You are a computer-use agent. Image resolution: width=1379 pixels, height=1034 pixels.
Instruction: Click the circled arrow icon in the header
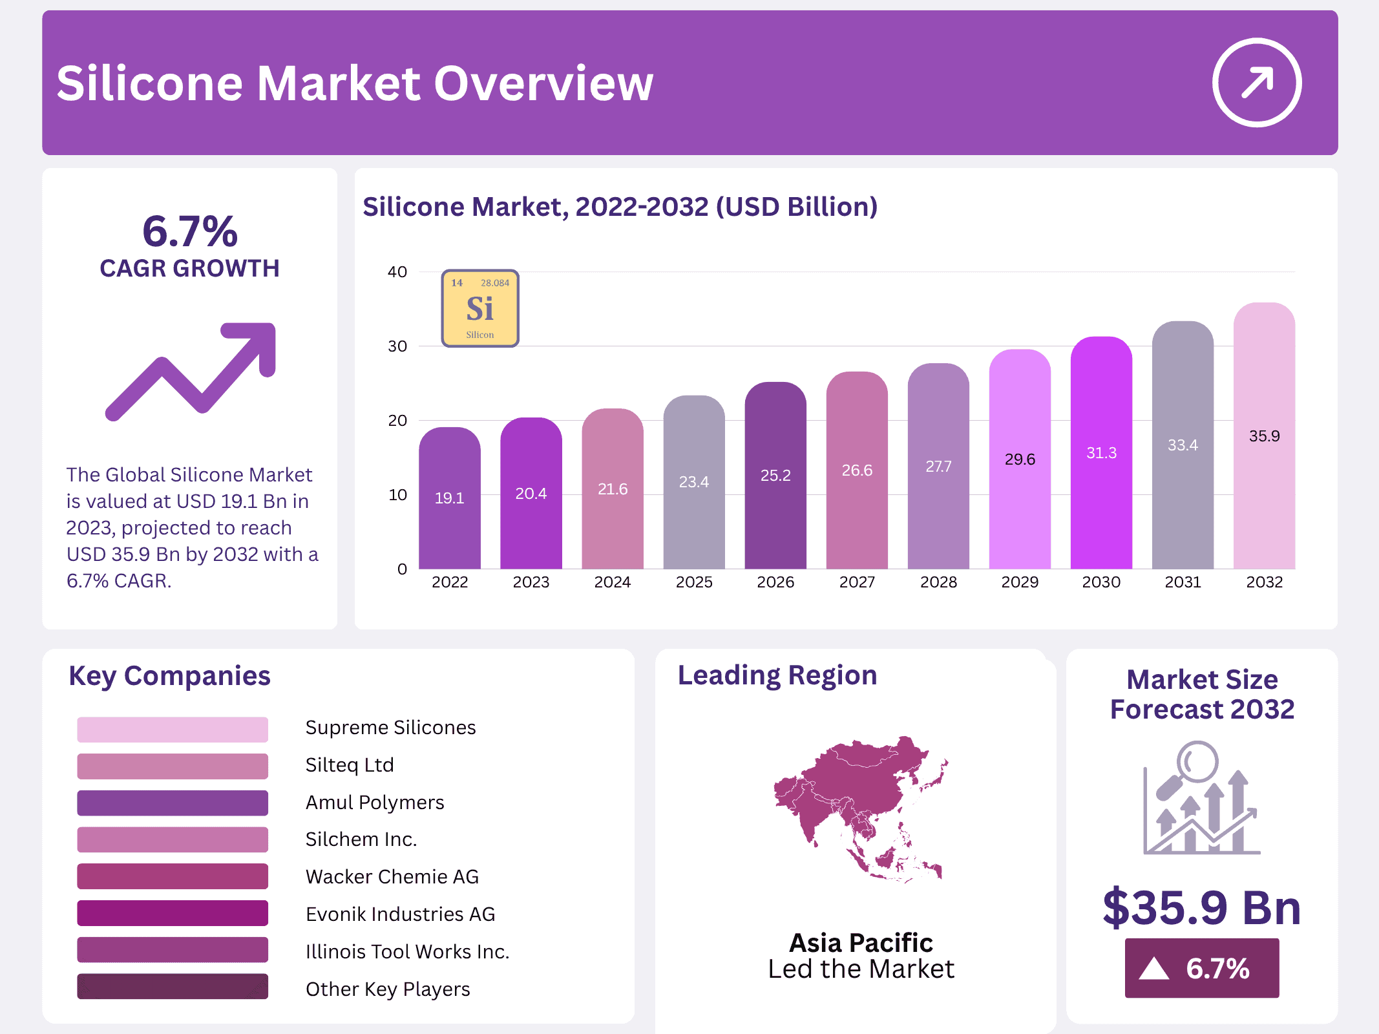click(x=1256, y=83)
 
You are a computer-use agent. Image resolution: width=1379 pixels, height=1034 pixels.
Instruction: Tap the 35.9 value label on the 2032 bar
click(x=1264, y=436)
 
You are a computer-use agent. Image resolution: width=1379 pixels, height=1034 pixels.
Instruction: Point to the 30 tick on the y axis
click(x=397, y=346)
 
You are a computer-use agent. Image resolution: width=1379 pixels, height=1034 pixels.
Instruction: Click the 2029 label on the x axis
click(x=1020, y=582)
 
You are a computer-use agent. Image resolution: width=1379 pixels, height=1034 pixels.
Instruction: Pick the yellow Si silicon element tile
click(x=480, y=309)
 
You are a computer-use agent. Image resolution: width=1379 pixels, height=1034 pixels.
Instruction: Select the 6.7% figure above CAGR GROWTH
click(x=190, y=231)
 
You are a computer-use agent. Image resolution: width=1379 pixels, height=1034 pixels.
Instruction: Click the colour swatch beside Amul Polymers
click(x=173, y=803)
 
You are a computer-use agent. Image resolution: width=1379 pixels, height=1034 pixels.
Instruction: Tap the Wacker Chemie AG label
click(x=392, y=877)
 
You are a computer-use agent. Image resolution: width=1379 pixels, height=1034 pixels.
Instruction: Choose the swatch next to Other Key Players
click(x=173, y=987)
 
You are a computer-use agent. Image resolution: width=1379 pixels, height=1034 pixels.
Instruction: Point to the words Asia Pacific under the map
click(x=861, y=943)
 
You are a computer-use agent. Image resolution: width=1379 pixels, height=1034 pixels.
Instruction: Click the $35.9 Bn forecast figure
click(x=1201, y=908)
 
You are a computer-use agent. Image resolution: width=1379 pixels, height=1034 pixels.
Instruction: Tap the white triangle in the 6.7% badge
click(x=1154, y=969)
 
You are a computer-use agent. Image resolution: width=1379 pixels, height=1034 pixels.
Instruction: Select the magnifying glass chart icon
click(x=1201, y=798)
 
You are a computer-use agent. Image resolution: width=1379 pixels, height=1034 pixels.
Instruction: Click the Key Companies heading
click(x=169, y=676)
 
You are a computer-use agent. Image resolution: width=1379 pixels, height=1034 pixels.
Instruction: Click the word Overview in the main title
click(x=543, y=84)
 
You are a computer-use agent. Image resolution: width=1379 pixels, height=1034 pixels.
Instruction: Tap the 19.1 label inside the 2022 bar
click(x=449, y=498)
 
